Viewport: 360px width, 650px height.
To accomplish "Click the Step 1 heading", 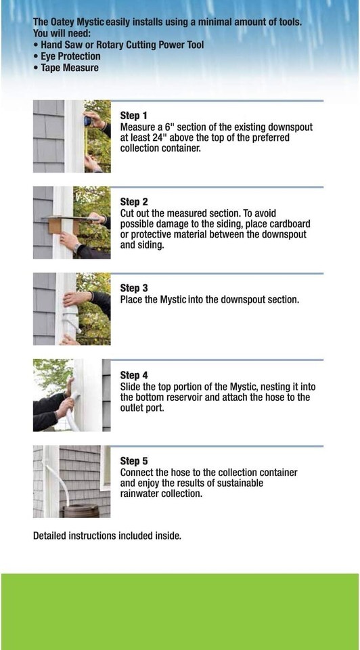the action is click(x=133, y=116).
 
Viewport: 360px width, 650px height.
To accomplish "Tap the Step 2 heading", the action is click(x=133, y=202).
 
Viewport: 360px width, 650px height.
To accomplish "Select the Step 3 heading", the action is click(x=133, y=288).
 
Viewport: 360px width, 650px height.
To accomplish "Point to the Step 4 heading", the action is click(x=133, y=376).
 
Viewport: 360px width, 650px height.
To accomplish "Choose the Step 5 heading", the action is click(x=133, y=461).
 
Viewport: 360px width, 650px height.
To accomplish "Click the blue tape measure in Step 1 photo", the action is click(x=87, y=121).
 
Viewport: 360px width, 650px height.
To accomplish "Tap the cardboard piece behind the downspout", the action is click(x=58, y=225).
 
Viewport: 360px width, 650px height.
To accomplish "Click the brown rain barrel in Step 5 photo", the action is click(x=81, y=511).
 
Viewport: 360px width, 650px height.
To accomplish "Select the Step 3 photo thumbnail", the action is click(x=72, y=309).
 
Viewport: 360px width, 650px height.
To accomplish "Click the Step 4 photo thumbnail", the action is click(x=72, y=395).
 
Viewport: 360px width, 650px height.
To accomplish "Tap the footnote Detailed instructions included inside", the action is click(x=108, y=536).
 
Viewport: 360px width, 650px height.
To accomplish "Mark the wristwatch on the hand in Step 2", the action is click(x=77, y=248).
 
